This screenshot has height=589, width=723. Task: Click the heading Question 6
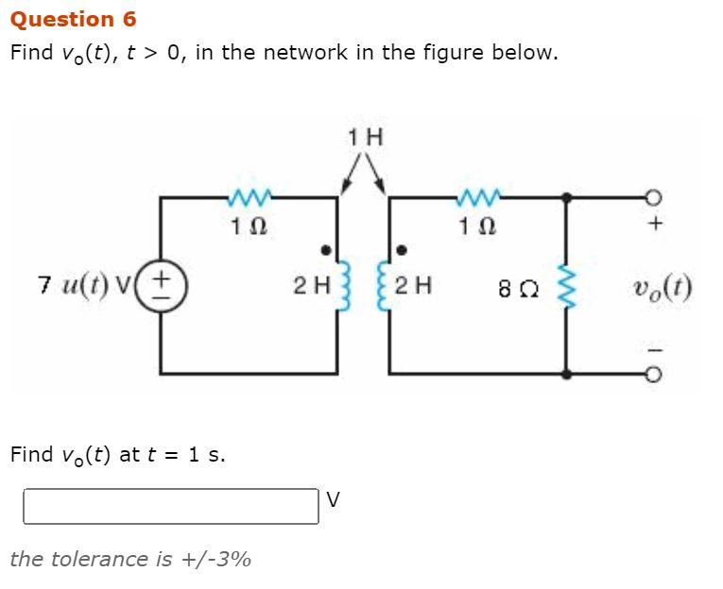(73, 19)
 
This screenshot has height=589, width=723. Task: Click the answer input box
(171, 506)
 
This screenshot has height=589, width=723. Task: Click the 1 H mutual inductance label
(365, 137)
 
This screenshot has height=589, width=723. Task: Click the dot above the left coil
(326, 250)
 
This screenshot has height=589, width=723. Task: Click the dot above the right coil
(401, 250)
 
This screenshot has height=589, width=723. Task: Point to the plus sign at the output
(659, 225)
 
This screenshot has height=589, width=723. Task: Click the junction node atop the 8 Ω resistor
(566, 197)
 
